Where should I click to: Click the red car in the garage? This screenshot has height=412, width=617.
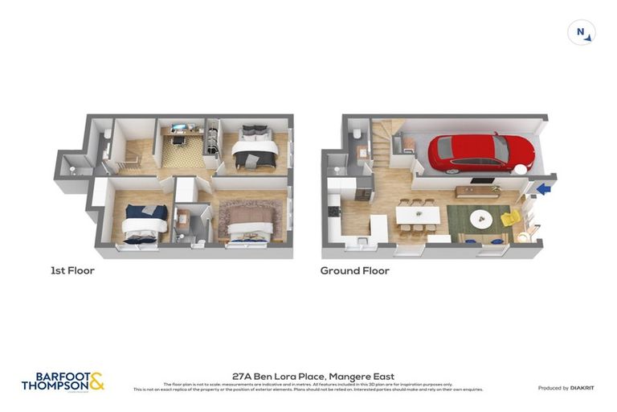click(480, 152)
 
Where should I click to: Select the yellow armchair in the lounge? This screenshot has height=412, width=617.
click(510, 217)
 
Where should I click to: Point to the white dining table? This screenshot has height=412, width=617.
click(418, 215)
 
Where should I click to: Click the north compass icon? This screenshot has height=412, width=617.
click(581, 33)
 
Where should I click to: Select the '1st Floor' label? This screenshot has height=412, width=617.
click(72, 271)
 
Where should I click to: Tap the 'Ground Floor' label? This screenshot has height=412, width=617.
click(354, 271)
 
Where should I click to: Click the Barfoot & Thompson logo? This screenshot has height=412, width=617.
click(63, 382)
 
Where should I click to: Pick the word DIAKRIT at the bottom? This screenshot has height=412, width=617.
click(582, 388)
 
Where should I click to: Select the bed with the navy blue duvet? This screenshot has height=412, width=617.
click(145, 220)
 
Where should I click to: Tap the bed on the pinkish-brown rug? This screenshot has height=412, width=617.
click(252, 221)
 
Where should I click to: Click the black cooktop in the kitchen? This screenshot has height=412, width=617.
click(334, 211)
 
